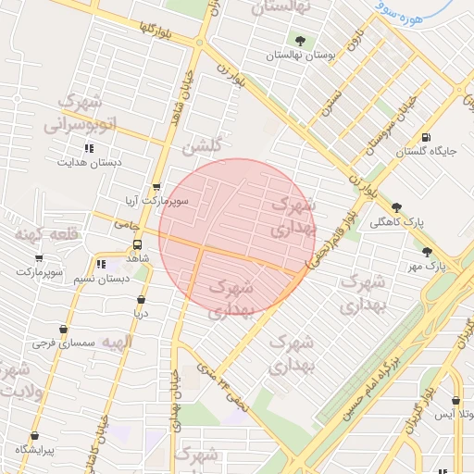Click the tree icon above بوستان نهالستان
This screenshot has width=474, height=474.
click(x=299, y=41)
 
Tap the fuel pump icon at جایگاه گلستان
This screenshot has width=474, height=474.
click(x=425, y=137)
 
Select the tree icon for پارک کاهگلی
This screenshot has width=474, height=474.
click(x=397, y=208)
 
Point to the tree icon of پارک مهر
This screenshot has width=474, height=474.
click(x=427, y=252)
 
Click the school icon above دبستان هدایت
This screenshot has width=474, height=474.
click(x=89, y=147)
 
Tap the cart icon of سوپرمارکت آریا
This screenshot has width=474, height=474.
click(x=156, y=186)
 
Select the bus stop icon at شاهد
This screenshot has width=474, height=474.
click(x=138, y=246)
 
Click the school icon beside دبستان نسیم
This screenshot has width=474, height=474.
click(x=100, y=265)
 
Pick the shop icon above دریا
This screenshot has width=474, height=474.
click(x=141, y=300)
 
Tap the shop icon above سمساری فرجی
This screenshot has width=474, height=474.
click(x=63, y=329)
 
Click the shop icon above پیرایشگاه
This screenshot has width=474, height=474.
click(x=34, y=436)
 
